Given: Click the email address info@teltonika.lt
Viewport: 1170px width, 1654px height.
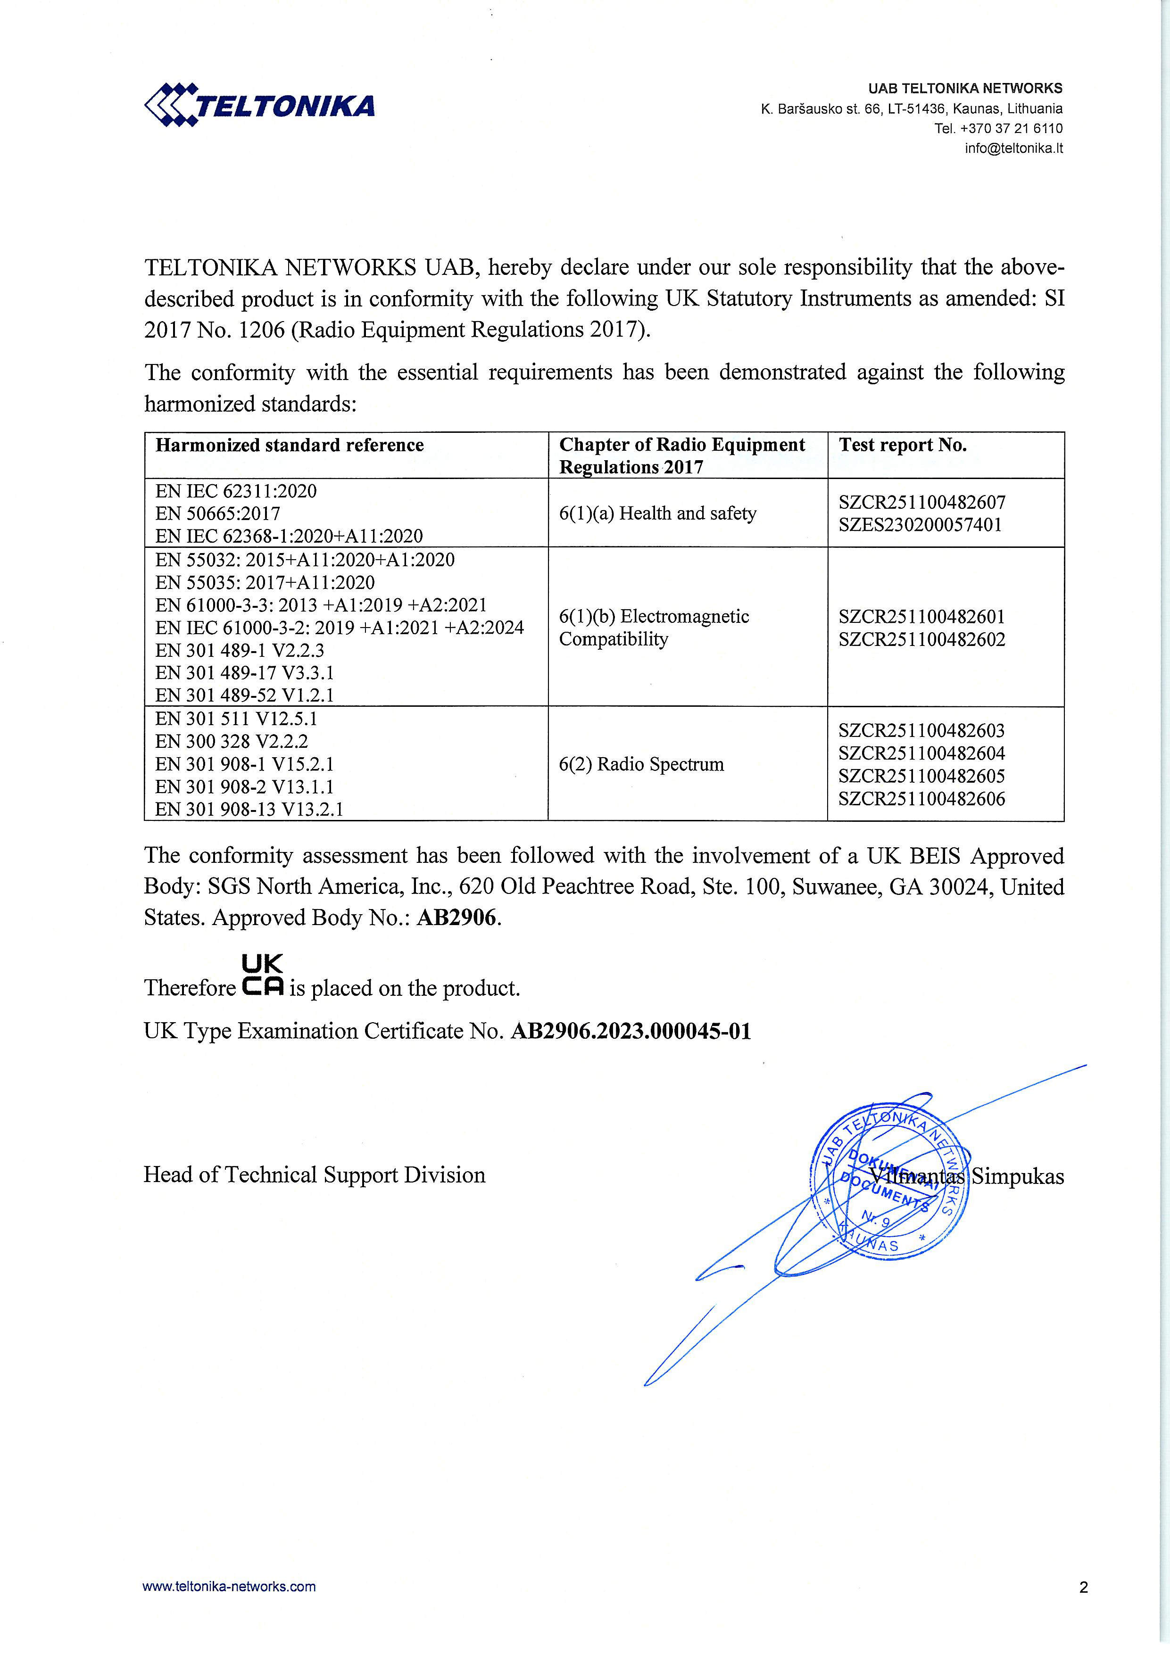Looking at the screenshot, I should [x=1013, y=149].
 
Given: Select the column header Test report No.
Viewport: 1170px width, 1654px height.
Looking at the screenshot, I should [x=902, y=445].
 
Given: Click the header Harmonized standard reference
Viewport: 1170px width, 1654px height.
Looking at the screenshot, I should [x=290, y=445].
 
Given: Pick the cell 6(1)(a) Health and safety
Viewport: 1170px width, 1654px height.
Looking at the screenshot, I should [x=658, y=513].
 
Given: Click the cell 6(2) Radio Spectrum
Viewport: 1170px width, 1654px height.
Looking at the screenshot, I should [x=641, y=764].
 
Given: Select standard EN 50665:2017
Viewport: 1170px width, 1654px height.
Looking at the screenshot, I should [x=217, y=513].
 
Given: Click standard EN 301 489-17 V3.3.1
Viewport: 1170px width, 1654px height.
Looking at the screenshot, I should [x=244, y=673].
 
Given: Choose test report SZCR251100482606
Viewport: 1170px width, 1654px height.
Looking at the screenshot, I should [x=921, y=798].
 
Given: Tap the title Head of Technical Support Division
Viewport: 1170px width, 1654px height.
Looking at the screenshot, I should [x=314, y=1175].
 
